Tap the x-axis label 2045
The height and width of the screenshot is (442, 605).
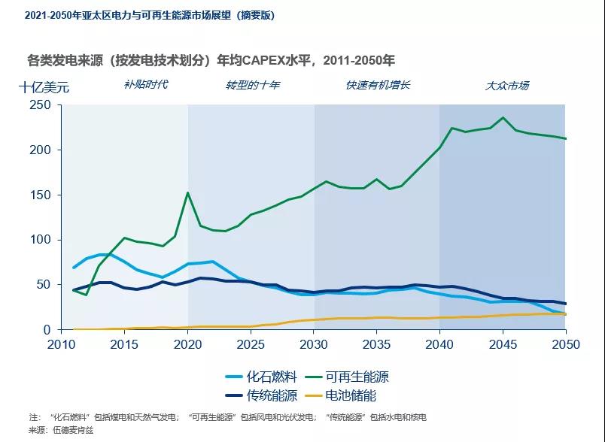click(x=502, y=344)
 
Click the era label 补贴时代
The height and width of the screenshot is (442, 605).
click(x=145, y=84)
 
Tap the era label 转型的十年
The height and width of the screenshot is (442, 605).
click(x=253, y=85)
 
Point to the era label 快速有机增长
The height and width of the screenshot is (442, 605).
click(x=378, y=85)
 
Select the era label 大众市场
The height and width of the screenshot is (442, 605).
click(x=506, y=86)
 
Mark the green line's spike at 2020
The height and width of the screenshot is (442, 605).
click(x=187, y=193)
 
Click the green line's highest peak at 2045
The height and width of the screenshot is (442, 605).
click(x=503, y=118)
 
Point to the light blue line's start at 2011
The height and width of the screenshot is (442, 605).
click(x=74, y=268)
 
